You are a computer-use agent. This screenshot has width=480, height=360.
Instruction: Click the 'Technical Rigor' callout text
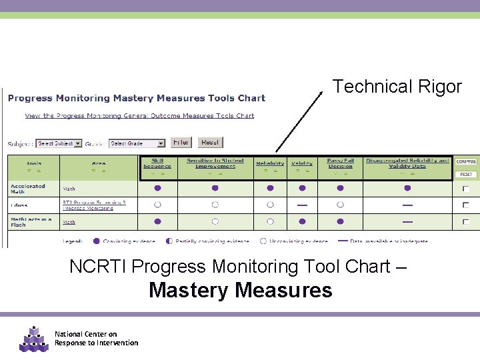coord(397,87)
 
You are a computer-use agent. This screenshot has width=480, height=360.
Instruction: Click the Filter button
coord(181,142)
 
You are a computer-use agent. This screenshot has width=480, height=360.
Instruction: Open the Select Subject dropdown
coord(59,143)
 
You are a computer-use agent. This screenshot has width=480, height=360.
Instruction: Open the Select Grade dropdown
coord(137,143)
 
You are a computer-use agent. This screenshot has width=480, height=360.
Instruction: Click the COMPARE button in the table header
coord(466,161)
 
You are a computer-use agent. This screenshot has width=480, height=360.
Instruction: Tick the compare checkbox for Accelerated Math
coord(465,189)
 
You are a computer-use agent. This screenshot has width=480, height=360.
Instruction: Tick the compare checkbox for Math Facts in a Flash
coord(465,222)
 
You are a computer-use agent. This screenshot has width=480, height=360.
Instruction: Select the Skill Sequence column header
coord(157,163)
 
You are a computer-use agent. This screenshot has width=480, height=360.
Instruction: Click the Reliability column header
coord(270,163)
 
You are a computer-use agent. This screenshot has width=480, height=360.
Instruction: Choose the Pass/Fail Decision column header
coord(341,163)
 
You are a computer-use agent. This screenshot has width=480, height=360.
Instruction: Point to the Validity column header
coord(302,163)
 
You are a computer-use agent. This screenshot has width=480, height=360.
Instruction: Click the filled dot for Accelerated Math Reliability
coord(270,189)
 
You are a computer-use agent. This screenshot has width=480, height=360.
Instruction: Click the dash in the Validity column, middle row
coord(302,205)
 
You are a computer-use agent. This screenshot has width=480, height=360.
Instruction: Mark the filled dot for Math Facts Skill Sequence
coord(157,221)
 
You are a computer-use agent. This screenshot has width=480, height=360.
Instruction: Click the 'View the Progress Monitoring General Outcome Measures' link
coord(139,115)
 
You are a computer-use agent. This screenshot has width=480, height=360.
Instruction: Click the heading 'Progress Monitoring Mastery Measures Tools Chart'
coord(137,98)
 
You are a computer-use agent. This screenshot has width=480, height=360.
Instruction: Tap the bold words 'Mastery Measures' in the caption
coord(240,290)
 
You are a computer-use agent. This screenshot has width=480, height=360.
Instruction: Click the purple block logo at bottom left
coord(33,339)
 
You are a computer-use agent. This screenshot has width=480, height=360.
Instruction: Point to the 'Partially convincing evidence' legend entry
coord(200,241)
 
